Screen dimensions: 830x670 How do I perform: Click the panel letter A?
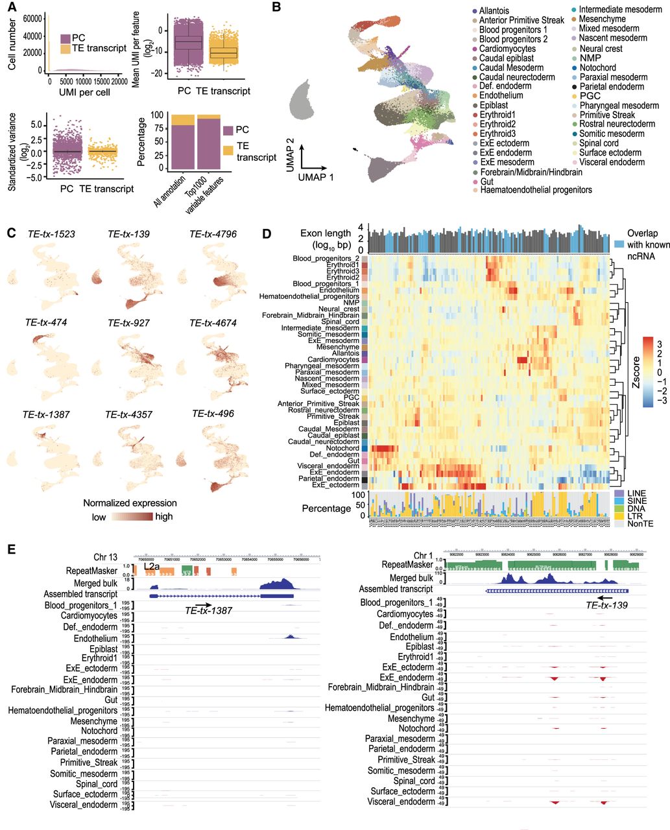(12, 8)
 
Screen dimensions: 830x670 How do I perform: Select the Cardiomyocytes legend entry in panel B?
(507, 49)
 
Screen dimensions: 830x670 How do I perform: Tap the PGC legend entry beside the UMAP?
(589, 96)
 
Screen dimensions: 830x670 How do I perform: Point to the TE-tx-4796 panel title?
(211, 233)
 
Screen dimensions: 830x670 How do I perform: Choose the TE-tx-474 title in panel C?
(46, 322)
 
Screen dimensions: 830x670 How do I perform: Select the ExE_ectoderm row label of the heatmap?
(337, 485)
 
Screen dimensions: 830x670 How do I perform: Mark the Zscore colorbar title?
(654, 373)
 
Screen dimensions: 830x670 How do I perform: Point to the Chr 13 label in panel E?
(106, 557)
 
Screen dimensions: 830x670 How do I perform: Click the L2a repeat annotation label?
(151, 566)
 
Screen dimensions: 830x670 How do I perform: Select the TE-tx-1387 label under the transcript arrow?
(208, 610)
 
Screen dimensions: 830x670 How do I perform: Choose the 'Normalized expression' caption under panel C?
(130, 503)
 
